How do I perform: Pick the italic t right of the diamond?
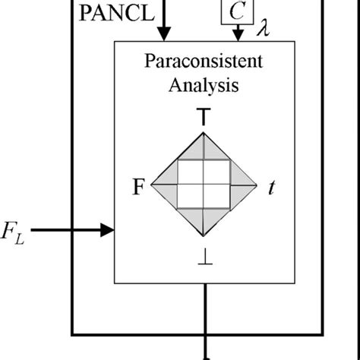(270, 186)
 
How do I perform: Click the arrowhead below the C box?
(238, 35)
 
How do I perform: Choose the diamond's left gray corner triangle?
(166, 185)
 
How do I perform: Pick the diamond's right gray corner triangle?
(242, 185)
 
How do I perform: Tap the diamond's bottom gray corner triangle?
(204, 222)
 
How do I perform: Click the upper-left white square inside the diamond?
(190, 172)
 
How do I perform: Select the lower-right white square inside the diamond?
(217, 197)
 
